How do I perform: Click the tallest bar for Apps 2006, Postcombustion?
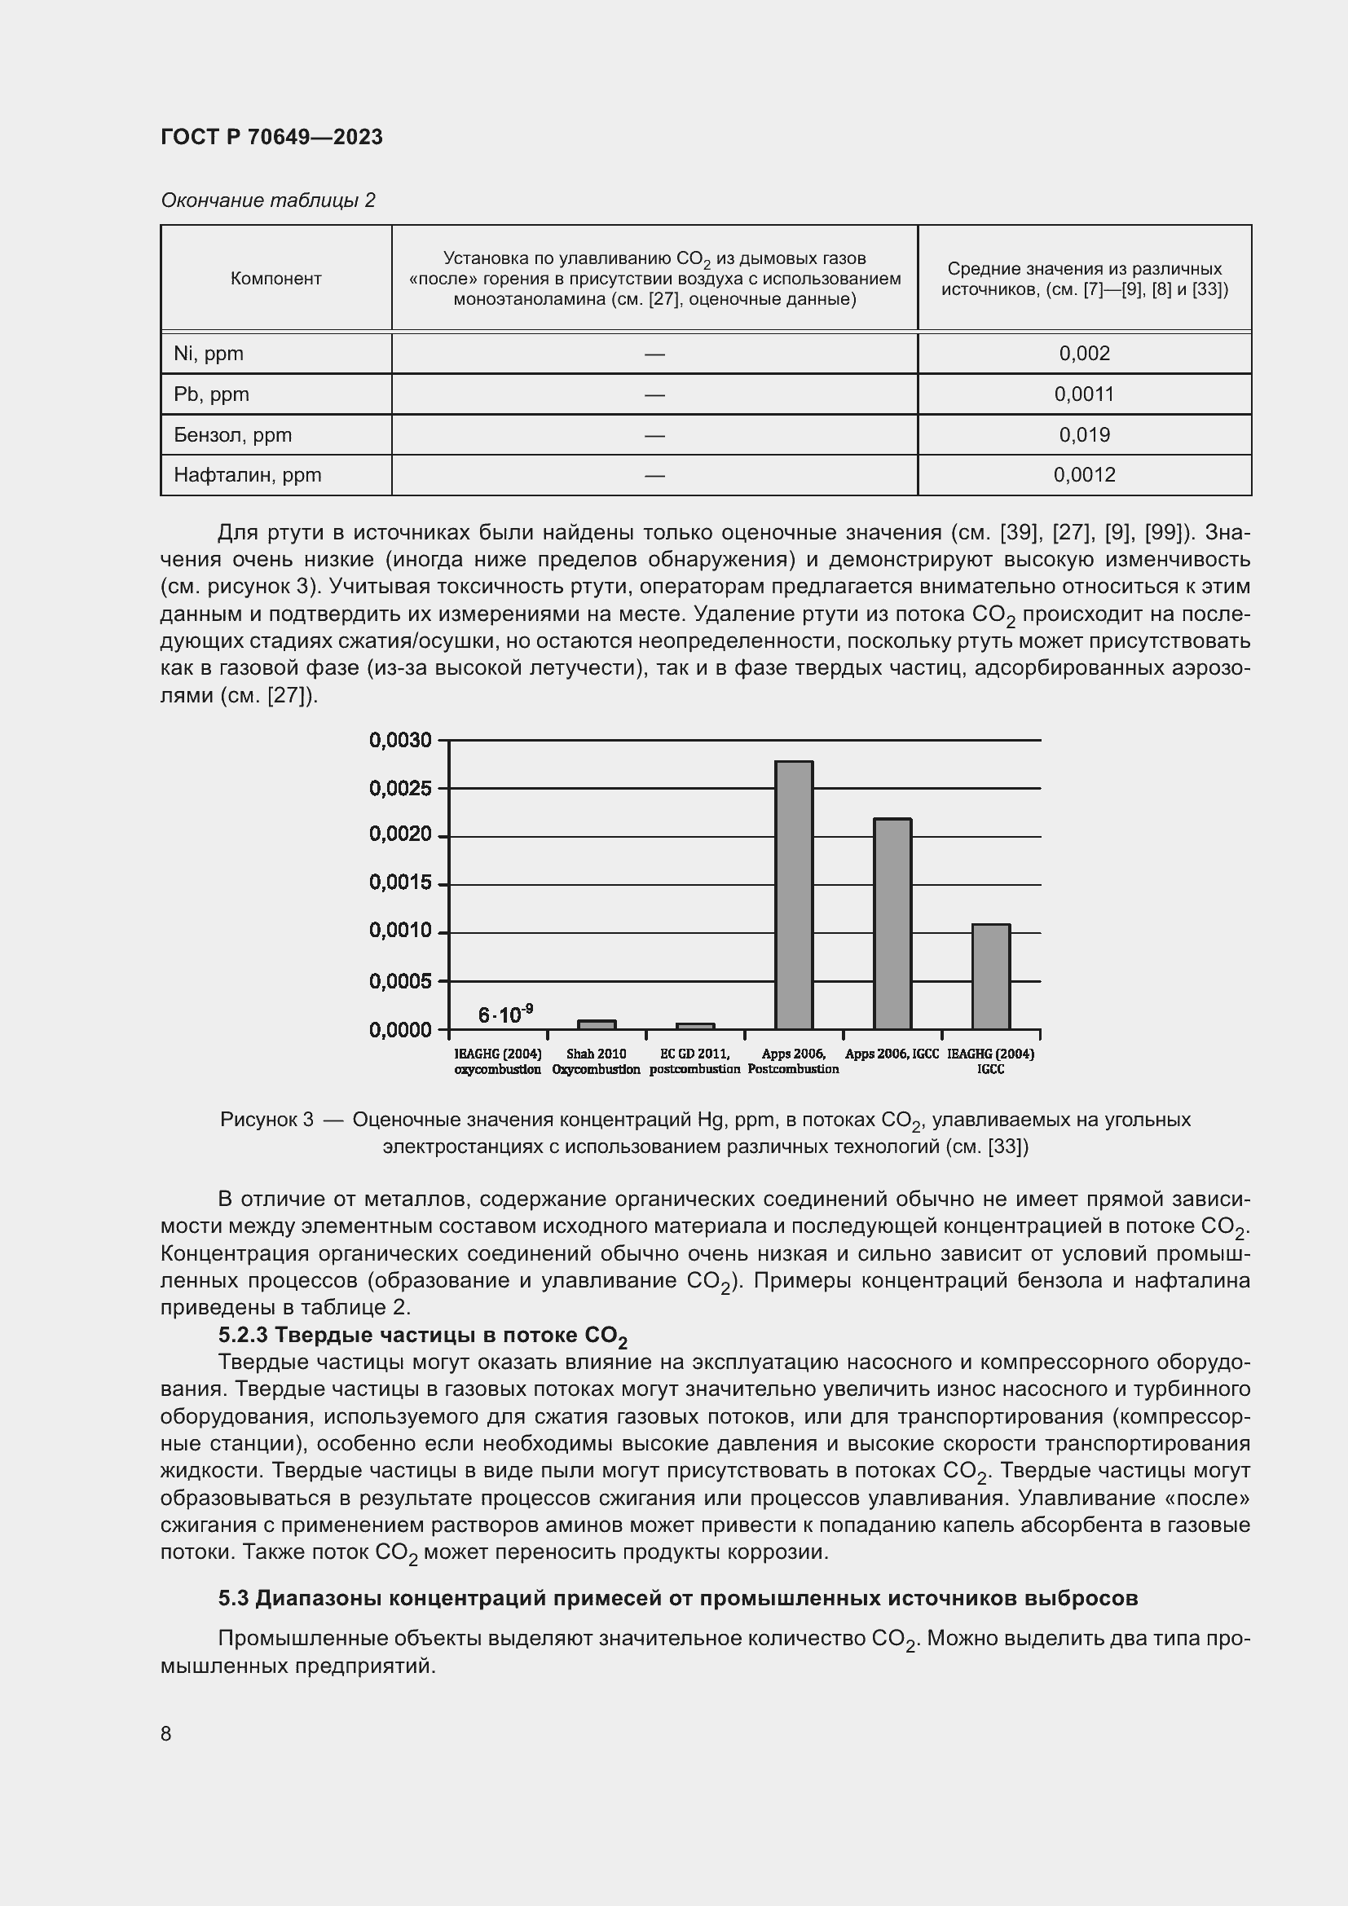[x=794, y=895]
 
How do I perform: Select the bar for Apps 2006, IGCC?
[x=892, y=923]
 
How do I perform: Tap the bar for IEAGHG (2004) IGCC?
[x=990, y=976]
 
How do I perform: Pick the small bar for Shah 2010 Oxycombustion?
[x=597, y=1025]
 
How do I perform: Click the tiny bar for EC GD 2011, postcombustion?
[x=694, y=1027]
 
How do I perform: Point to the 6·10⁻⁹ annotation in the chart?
[x=504, y=1014]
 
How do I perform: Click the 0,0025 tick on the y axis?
[x=401, y=788]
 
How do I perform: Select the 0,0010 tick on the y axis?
[x=401, y=931]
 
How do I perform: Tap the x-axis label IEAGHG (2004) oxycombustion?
[x=497, y=1061]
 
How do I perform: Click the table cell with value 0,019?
[x=1084, y=434]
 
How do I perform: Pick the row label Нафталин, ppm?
[x=248, y=475]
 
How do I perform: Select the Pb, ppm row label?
[x=211, y=394]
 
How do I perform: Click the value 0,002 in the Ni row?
[x=1084, y=354]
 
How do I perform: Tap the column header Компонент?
[x=275, y=279]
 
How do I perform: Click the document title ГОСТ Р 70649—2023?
[x=271, y=137]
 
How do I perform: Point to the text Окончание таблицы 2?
[x=267, y=200]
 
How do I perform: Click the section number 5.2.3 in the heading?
[x=242, y=1335]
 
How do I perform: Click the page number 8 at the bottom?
[x=166, y=1733]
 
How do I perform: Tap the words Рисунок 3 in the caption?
[x=267, y=1120]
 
